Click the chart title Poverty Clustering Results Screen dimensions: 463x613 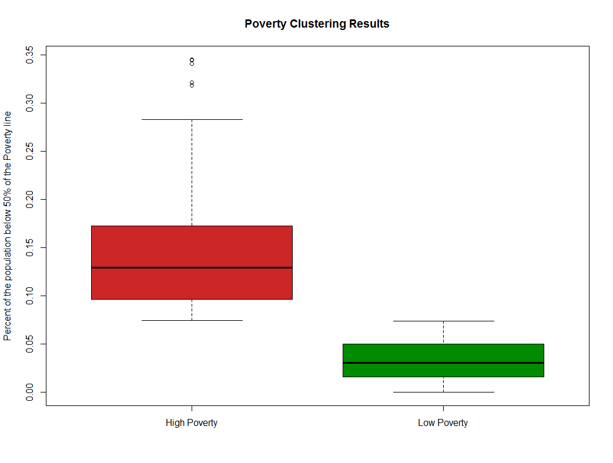(x=317, y=24)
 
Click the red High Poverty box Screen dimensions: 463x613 (x=192, y=247)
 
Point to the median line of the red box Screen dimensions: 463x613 (x=192, y=267)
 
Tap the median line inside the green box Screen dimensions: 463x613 (x=443, y=363)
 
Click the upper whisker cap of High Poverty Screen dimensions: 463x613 (x=192, y=119)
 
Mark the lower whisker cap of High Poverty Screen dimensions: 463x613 (x=192, y=320)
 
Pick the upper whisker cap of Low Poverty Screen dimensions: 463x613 (x=443, y=321)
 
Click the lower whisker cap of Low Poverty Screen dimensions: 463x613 (x=443, y=392)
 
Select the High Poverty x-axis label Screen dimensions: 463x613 (x=192, y=422)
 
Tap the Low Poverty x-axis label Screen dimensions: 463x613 (x=443, y=422)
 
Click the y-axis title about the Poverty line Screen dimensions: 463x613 (x=8, y=226)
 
